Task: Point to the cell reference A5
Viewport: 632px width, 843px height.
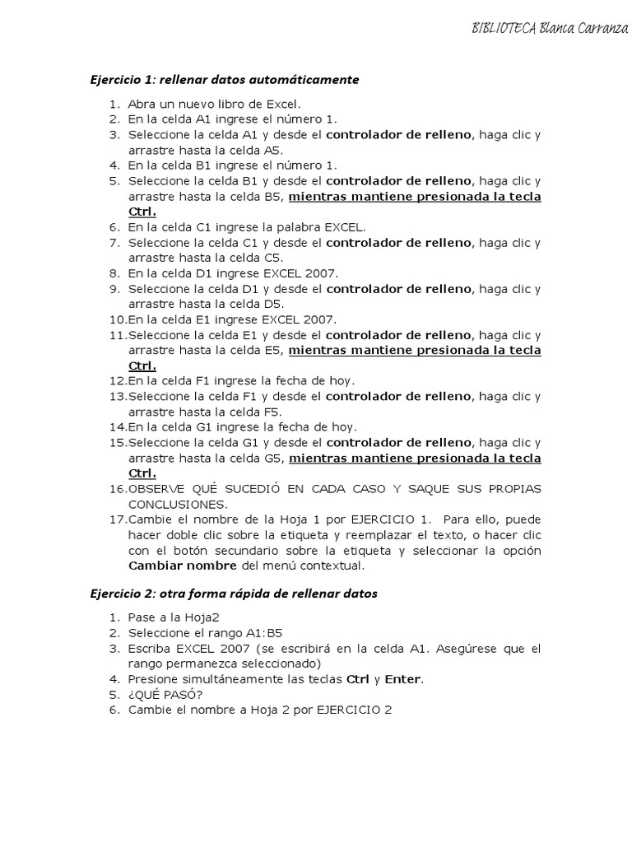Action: pyautogui.click(x=272, y=151)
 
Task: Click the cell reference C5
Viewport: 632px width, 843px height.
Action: pyautogui.click(x=272, y=258)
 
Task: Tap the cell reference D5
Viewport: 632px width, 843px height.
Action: pyautogui.click(x=273, y=305)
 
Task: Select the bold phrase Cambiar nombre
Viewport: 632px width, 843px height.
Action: pyautogui.click(x=181, y=566)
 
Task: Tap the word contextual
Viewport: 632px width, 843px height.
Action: pyautogui.click(x=334, y=566)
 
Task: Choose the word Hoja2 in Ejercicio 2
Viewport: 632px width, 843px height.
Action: pyautogui.click(x=203, y=617)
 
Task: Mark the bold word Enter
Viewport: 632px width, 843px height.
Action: pyautogui.click(x=402, y=679)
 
